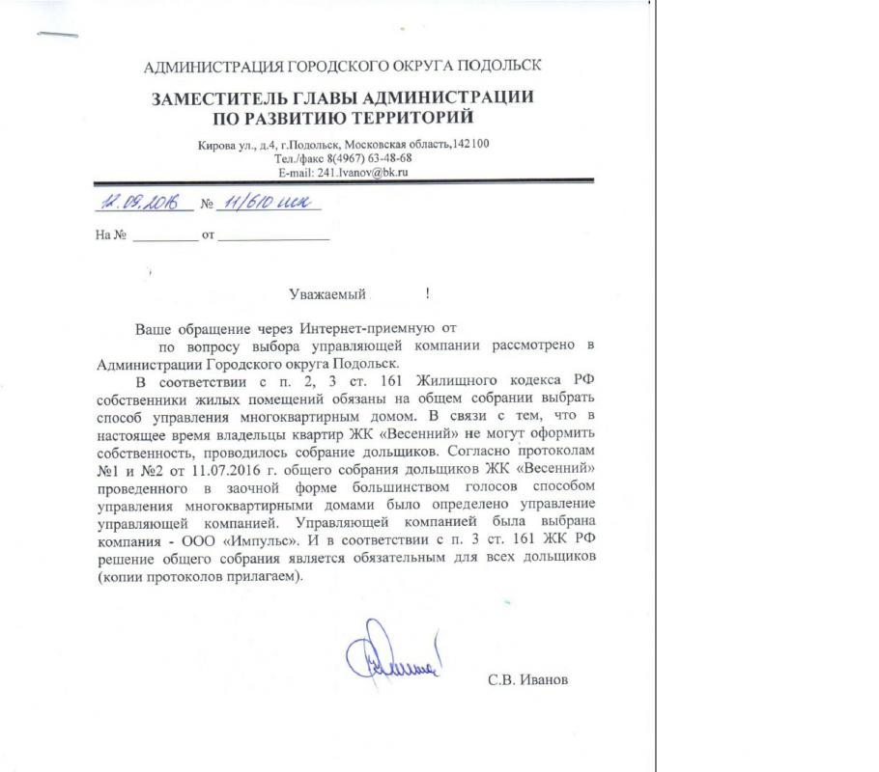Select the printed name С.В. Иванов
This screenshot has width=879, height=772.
[528, 679]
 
